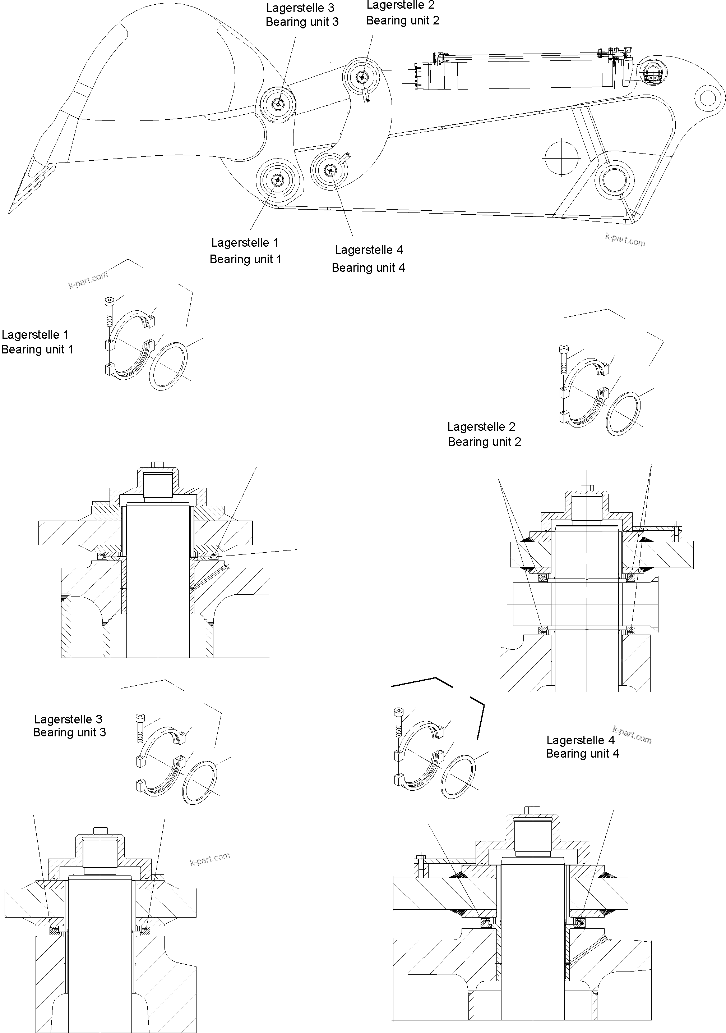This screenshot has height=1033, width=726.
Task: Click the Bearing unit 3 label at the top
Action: [x=302, y=22]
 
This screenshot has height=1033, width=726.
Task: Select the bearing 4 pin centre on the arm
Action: [x=331, y=170]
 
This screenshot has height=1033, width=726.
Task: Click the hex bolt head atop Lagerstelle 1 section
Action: [x=158, y=464]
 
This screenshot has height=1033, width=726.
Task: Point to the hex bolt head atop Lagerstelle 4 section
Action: [x=533, y=810]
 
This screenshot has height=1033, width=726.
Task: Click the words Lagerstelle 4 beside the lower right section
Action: [x=580, y=740]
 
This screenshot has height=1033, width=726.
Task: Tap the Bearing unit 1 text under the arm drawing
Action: [x=245, y=259]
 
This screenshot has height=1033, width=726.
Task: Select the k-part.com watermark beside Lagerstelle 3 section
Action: [x=209, y=859]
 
